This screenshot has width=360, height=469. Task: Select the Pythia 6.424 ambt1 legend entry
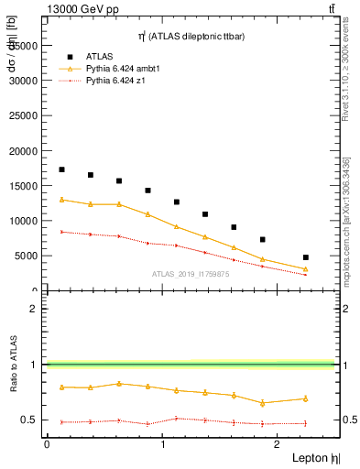(x=115, y=68)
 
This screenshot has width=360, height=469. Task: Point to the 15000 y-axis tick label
(x=23, y=185)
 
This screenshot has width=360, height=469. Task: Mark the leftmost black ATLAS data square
(x=61, y=169)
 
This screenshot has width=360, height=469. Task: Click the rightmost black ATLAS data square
(x=305, y=257)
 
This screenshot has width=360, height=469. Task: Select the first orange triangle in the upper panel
(x=61, y=200)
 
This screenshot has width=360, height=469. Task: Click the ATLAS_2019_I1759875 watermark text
(x=191, y=273)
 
